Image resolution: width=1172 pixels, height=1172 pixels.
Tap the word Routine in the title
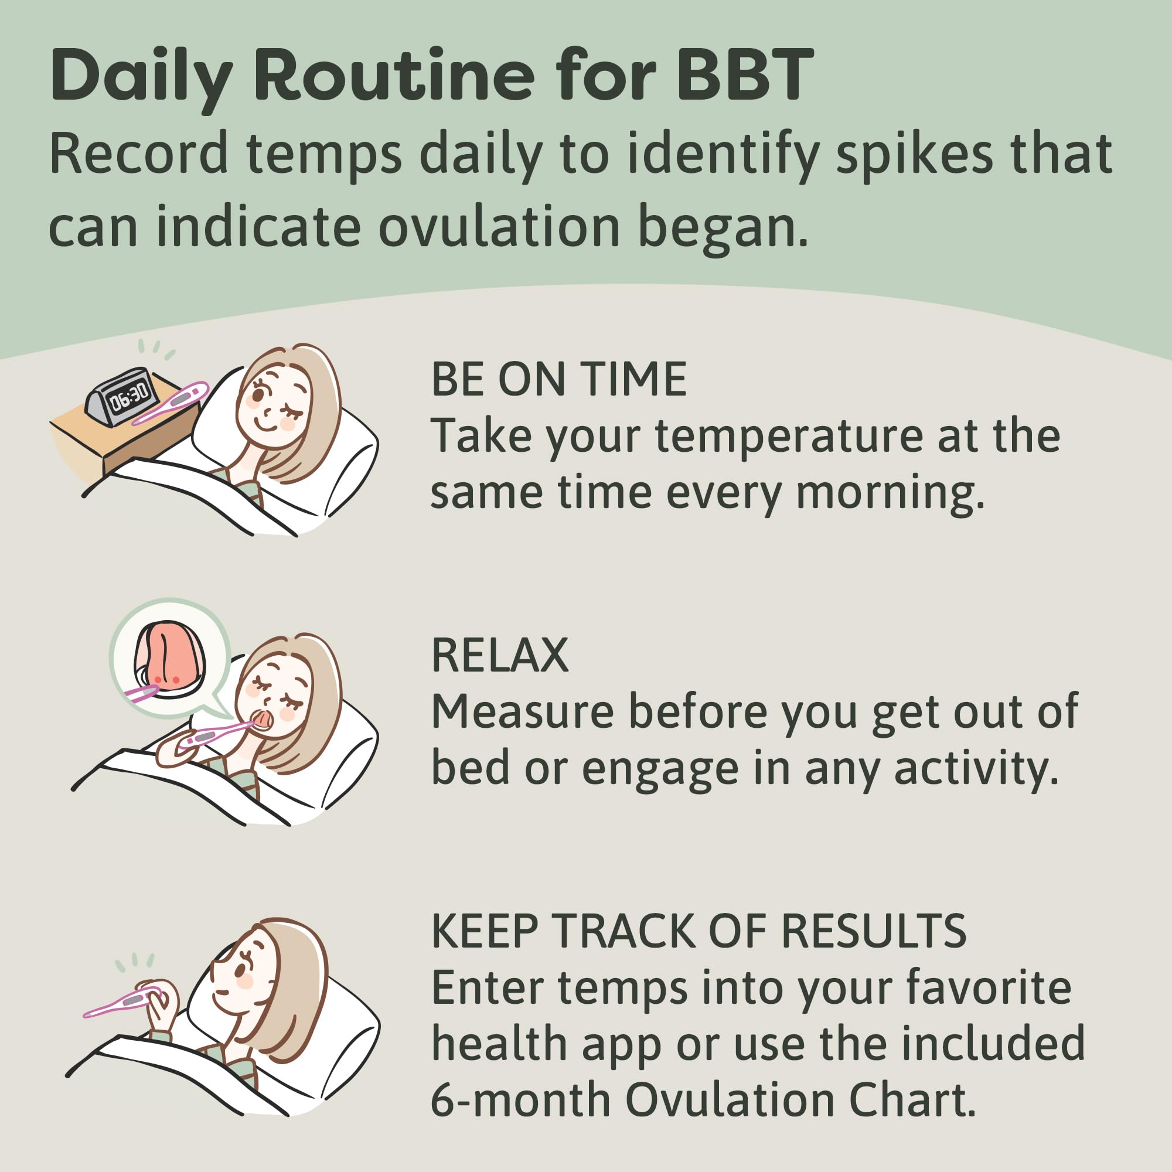pyautogui.click(x=394, y=76)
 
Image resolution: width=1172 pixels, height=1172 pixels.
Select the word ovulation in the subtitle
pyautogui.click(x=499, y=227)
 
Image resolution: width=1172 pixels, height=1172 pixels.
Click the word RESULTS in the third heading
pyautogui.click(x=874, y=931)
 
